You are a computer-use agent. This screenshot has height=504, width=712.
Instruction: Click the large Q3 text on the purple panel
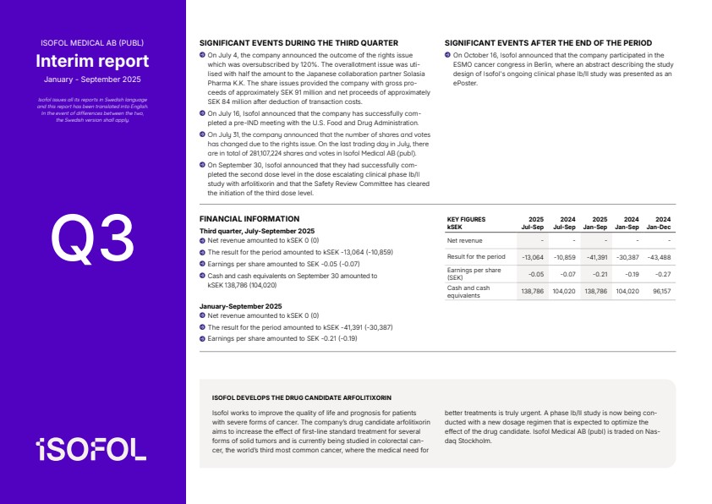pyautogui.click(x=93, y=238)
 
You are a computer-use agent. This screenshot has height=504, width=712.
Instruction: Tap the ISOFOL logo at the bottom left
pyautogui.click(x=91, y=450)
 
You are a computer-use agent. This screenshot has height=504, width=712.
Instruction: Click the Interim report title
pyautogui.click(x=92, y=61)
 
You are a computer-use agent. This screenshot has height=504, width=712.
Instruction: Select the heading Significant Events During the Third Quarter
pyautogui.click(x=298, y=42)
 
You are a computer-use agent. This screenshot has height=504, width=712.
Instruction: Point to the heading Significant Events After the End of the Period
pyautogui.click(x=548, y=42)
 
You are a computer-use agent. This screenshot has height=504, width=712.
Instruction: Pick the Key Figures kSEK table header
pyautogui.click(x=466, y=222)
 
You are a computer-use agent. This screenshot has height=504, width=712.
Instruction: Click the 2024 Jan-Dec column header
pyautogui.click(x=659, y=222)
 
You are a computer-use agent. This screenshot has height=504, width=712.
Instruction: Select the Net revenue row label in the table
pyautogui.click(x=464, y=241)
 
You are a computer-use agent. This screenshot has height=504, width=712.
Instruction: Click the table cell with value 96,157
pyautogui.click(x=660, y=290)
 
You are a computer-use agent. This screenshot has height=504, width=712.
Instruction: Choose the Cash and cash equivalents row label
pyautogui.click(x=468, y=291)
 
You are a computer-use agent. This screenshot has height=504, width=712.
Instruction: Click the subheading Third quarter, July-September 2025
pyautogui.click(x=257, y=231)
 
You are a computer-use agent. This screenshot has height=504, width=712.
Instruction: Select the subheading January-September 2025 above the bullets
pyautogui.click(x=241, y=306)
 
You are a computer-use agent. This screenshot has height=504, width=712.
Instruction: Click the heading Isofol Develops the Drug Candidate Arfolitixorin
pyautogui.click(x=302, y=397)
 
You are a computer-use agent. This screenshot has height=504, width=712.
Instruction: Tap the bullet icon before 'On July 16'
pyautogui.click(x=203, y=112)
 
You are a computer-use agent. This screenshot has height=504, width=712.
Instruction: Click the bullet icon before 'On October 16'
pyautogui.click(x=448, y=54)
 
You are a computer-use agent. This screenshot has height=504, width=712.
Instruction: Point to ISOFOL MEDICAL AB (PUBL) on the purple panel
pyautogui.click(x=92, y=42)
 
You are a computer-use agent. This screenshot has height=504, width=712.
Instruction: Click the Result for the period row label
pyautogui.click(x=476, y=256)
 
